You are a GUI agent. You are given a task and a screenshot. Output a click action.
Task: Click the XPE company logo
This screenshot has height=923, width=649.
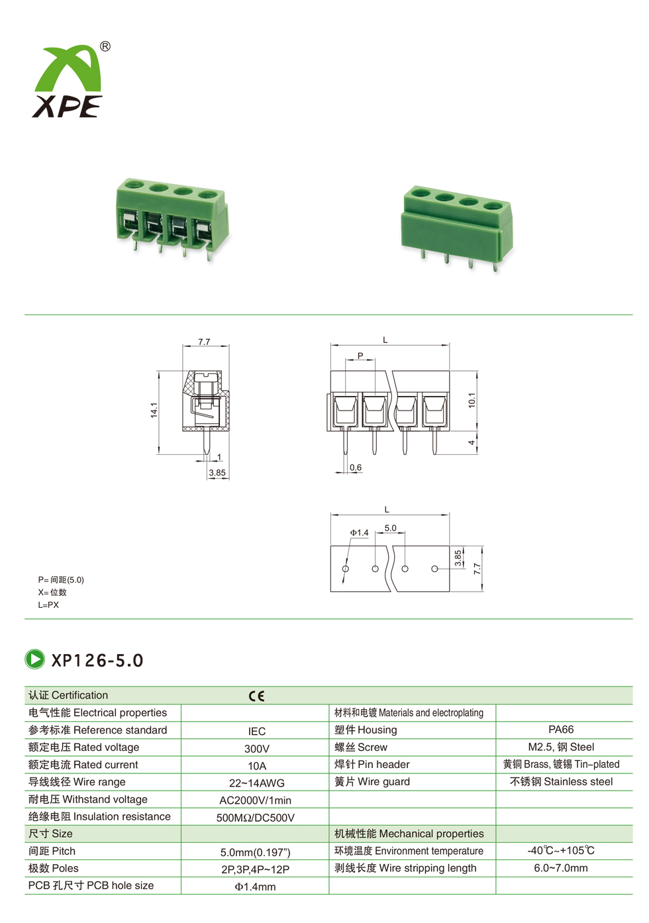pos(67,81)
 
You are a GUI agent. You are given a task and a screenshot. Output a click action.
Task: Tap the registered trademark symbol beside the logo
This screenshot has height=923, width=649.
pos(105,46)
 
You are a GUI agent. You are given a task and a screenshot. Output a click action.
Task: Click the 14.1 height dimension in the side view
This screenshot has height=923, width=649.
pos(154,410)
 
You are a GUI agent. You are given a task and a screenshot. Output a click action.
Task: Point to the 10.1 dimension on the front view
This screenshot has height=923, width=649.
pos(472,400)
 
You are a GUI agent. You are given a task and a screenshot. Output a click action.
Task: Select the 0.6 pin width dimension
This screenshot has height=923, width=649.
pos(355,467)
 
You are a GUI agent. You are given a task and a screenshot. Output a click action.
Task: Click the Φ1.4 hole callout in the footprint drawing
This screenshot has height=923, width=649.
pos(360,533)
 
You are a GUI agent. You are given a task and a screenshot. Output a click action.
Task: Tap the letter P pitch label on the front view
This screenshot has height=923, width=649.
pos(360,355)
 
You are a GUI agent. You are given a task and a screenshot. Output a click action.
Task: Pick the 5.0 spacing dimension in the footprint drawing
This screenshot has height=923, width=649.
pos(390,528)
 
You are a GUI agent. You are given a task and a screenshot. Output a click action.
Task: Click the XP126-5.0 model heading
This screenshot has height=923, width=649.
pos(97,660)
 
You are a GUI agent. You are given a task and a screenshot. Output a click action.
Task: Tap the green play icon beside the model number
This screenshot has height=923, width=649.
pos(34,659)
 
